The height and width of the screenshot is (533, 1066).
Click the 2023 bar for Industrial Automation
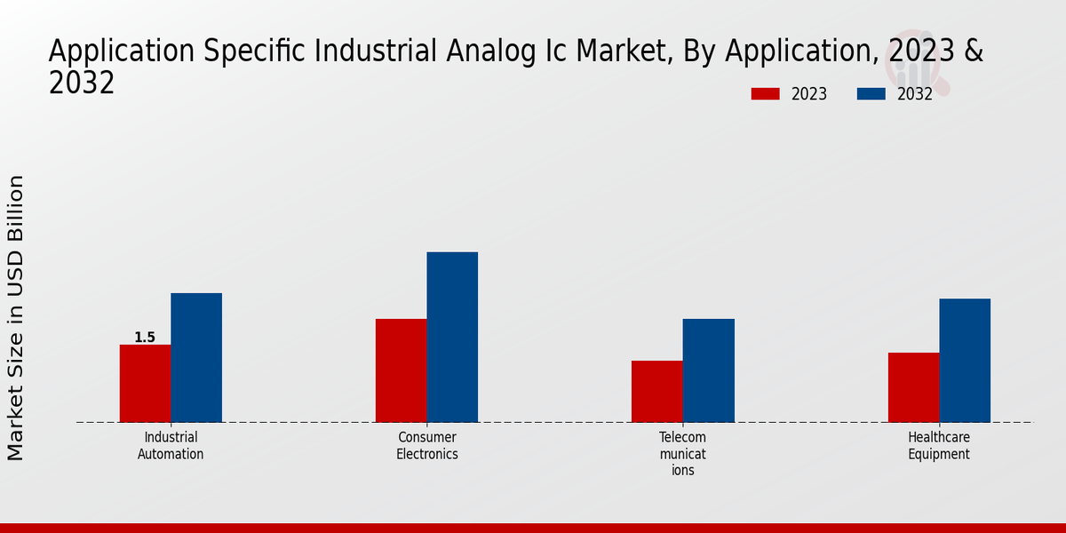coord(145,383)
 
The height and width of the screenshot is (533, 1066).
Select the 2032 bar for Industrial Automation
coord(196,357)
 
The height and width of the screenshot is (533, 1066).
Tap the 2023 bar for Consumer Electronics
coord(401,370)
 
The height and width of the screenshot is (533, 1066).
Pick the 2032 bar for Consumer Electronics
coord(452,337)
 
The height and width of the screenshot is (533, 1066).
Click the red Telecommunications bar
coord(657,391)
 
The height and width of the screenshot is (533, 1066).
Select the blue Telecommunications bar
coord(709,370)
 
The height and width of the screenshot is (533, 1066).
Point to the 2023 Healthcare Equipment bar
coord(913,387)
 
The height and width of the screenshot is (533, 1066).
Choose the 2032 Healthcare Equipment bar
coord(965,360)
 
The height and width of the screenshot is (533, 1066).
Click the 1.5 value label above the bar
coord(145,338)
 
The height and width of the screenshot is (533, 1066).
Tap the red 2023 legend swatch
coord(765,94)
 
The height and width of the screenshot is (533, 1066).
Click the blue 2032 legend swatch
coord(871,94)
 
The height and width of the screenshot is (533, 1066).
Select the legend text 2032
coord(915,94)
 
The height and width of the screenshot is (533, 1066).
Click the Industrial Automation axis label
coord(171,446)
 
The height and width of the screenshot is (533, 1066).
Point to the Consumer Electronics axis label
coord(427,446)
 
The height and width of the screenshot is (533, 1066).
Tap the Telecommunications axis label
coord(683,453)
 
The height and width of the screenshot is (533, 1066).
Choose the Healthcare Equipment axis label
coord(939,446)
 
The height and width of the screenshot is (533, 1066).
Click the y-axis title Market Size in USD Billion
coord(16,317)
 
